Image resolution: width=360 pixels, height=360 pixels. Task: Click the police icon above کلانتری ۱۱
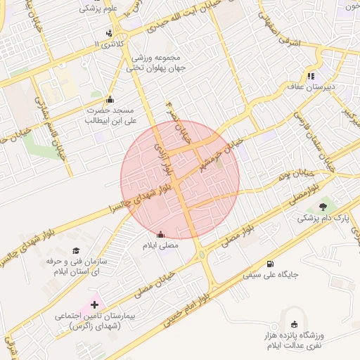click(109, 32)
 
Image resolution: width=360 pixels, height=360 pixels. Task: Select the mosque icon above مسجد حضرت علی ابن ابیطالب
click(110, 99)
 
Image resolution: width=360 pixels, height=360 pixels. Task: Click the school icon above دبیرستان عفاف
click(311, 75)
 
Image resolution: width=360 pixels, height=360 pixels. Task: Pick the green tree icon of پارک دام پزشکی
click(323, 207)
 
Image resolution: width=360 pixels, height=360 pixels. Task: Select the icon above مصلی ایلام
click(162, 235)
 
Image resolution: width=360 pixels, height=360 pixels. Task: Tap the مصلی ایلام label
click(162, 246)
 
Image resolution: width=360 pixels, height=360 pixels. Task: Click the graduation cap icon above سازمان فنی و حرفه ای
click(77, 250)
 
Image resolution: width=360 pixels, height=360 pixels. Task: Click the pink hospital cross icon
click(95, 304)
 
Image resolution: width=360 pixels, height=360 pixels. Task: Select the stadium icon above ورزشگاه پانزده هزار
click(294, 325)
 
